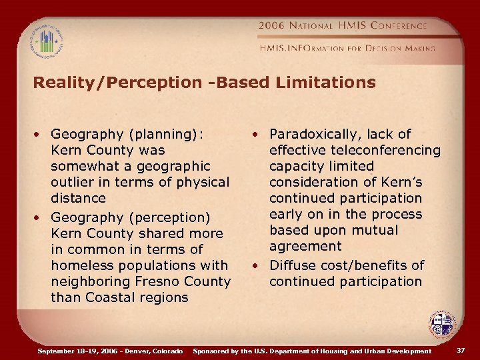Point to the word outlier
74,182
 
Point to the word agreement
305,246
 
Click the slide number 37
460,351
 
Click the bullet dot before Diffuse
255,266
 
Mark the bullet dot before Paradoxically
255,135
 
